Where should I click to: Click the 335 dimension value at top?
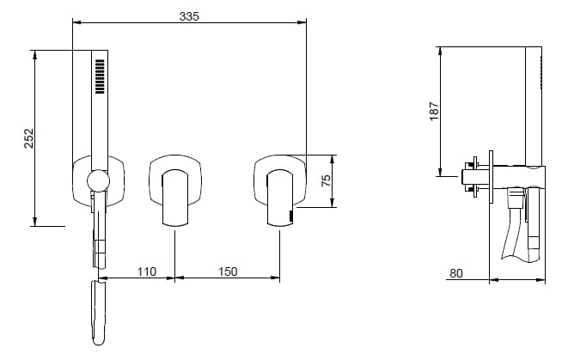click(x=189, y=16)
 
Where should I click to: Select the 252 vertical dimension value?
click(x=28, y=138)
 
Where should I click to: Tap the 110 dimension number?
click(x=147, y=272)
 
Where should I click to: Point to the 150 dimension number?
click(x=228, y=272)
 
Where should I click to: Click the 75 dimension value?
click(x=326, y=180)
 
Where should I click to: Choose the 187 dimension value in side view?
click(x=434, y=112)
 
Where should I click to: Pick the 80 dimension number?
click(x=456, y=273)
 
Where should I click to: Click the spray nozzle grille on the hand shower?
click(x=100, y=76)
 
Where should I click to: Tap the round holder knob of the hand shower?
click(x=98, y=181)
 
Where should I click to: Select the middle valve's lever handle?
click(x=175, y=198)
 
